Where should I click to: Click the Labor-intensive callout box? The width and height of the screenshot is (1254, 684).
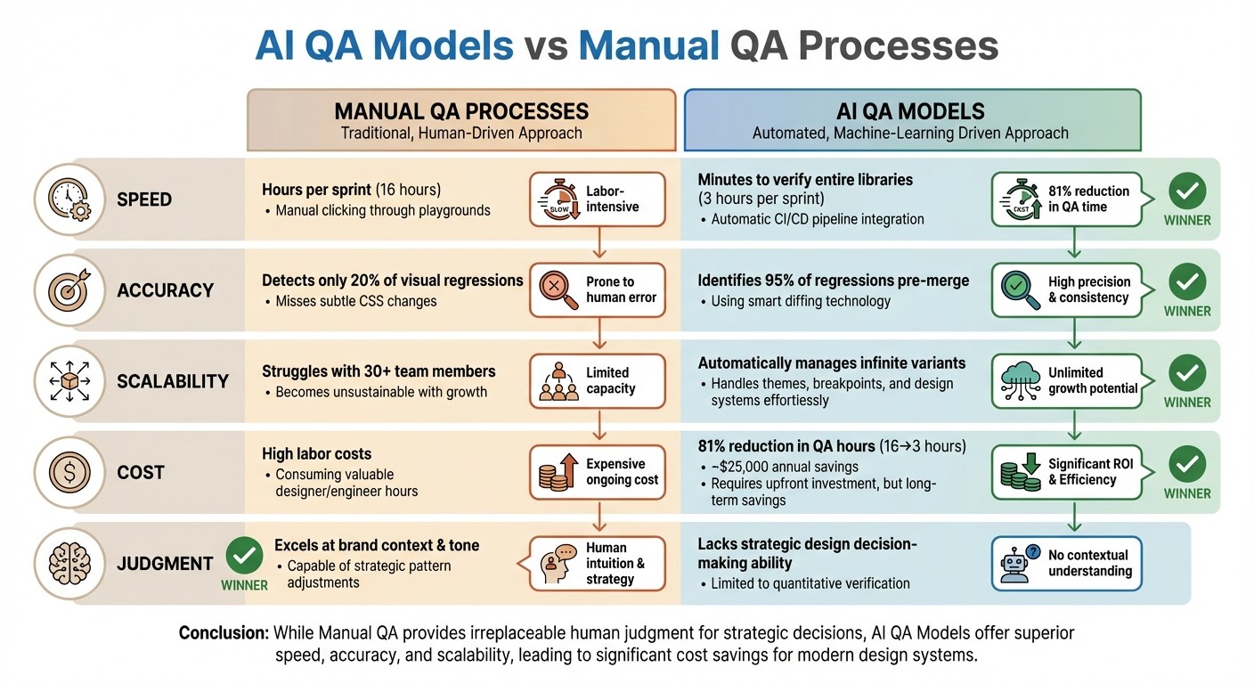pyautogui.click(x=598, y=199)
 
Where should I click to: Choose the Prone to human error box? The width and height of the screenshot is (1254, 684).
pyautogui.click(x=598, y=289)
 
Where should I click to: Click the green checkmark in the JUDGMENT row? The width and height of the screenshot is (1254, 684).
pyautogui.click(x=244, y=555)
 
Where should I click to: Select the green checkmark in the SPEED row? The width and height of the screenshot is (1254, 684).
pyautogui.click(x=1187, y=191)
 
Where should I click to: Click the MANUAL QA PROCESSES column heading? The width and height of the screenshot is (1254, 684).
pyautogui.click(x=461, y=112)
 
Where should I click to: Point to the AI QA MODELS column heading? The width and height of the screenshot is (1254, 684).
pyautogui.click(x=910, y=112)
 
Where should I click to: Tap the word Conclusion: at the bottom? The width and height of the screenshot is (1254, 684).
pyautogui.click(x=224, y=633)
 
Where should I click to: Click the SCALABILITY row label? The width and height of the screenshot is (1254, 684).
pyautogui.click(x=173, y=381)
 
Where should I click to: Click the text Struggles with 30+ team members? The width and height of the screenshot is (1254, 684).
pyautogui.click(x=379, y=371)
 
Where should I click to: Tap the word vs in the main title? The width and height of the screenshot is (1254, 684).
pyautogui.click(x=545, y=45)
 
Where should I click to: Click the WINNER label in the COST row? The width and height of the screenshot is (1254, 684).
pyautogui.click(x=1187, y=493)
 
